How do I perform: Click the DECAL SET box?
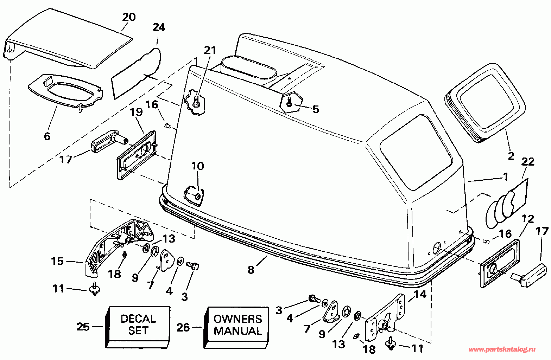coord(138,327)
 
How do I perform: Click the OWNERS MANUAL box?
coord(236,327)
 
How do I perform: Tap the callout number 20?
coord(129,17)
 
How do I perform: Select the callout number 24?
coord(159,27)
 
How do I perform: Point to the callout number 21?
coord(210,50)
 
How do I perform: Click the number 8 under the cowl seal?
coord(251,270)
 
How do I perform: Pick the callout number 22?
coord(528,161)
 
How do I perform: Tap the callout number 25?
coord(83,327)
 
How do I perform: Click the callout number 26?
coord(183,327)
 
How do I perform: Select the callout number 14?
coord(420,294)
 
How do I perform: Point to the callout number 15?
coord(57,261)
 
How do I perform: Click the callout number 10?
coord(198,166)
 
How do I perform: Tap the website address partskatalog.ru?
coord(502,349)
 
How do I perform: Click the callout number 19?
coord(136,112)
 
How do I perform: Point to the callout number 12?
coord(527,219)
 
